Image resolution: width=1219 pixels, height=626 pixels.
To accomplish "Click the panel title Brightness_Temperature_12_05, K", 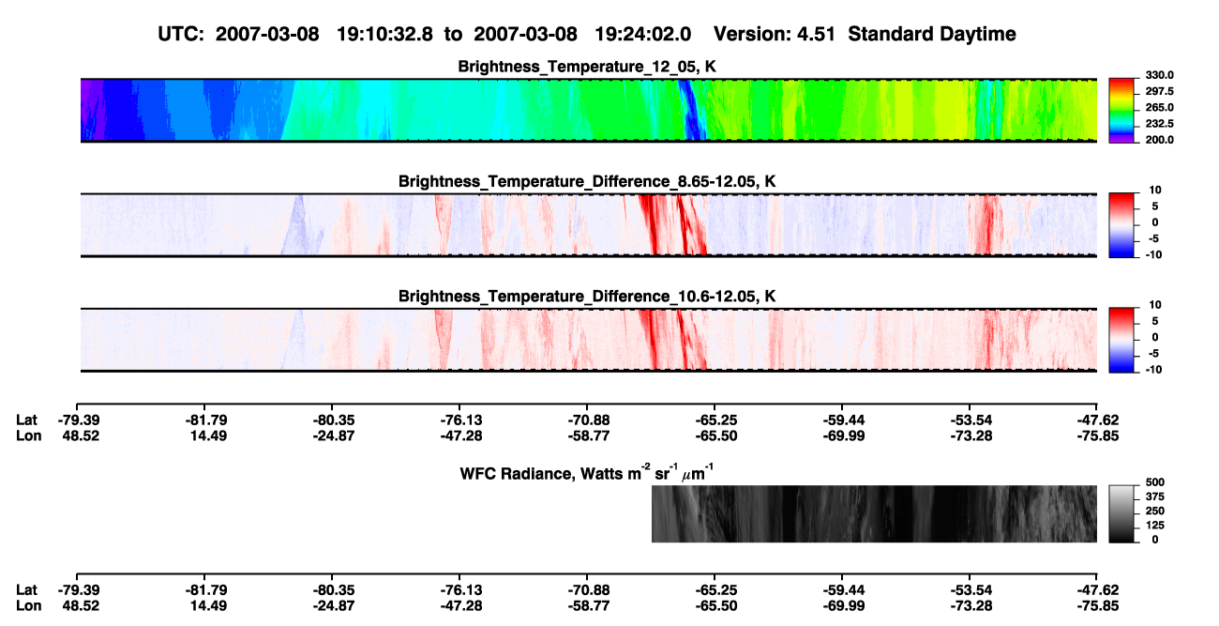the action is point(587,67).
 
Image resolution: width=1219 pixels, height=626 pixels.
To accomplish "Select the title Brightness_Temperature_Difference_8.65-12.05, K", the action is point(587,181).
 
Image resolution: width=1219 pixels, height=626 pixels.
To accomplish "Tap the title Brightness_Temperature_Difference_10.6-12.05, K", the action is point(587,297).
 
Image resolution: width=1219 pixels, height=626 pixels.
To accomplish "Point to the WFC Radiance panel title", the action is point(586,472).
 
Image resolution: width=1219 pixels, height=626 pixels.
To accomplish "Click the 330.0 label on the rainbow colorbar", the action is point(1159,75).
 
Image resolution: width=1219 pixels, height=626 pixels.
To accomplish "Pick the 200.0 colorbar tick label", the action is point(1159,140).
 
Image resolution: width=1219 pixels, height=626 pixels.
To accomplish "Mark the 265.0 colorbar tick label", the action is point(1159,107).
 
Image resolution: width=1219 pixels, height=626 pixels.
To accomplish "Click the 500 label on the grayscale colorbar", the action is point(1155,482).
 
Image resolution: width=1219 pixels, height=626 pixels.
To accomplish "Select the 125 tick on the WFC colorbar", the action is point(1155,526).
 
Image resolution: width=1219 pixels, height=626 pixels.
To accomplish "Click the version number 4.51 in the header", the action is point(816,34).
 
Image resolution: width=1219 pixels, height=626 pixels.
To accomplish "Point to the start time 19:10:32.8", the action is point(384,34).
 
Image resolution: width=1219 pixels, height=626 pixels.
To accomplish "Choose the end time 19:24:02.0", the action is point(643,34).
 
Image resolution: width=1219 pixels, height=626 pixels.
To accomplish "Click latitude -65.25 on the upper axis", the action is point(715,420).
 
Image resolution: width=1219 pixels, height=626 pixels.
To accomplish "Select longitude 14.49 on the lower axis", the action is point(208,606).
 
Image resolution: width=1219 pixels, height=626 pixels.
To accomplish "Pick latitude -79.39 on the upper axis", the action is point(79,420).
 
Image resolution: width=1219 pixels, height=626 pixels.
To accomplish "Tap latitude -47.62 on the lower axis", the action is point(1098,590).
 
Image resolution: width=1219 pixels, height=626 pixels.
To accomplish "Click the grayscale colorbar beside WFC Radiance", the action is point(1121,513).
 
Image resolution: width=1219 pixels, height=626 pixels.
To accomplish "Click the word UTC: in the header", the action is point(181,34).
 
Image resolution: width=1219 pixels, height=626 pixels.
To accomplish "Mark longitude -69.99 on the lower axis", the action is point(843,606).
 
